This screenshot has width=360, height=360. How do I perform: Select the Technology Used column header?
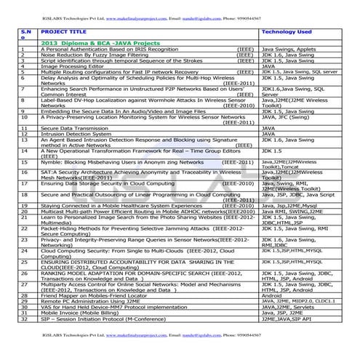(287, 32)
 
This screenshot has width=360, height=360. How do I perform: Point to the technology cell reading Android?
(271, 296)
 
